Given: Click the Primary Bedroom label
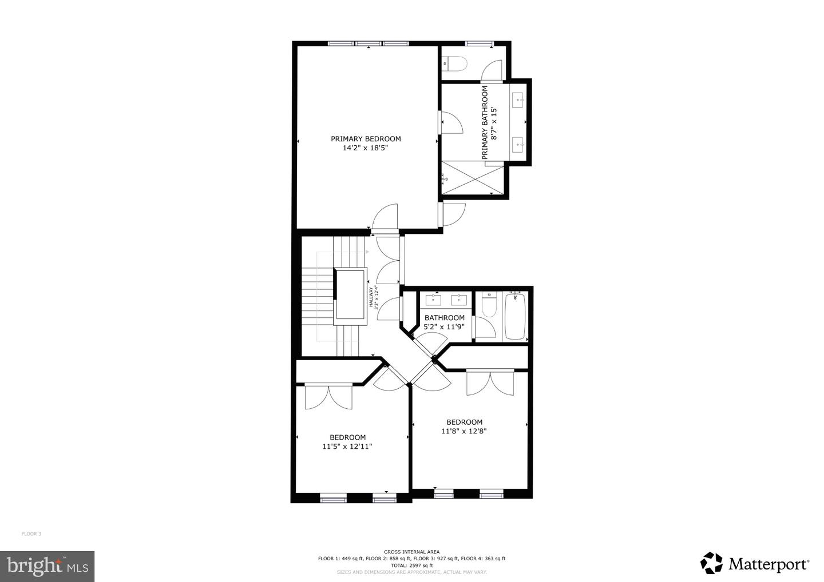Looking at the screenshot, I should [366, 139].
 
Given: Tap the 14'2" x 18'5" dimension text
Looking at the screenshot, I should [366, 148].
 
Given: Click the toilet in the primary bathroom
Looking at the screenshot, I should [455, 63].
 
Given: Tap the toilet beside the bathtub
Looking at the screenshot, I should [489, 306].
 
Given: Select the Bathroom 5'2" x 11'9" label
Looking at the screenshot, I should [444, 322].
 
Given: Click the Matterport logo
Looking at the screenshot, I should [754, 564].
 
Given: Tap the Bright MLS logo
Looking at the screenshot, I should [47, 566].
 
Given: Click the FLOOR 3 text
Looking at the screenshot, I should [31, 534].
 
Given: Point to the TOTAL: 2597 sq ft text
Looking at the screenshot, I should [411, 565].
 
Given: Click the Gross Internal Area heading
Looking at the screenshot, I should [411, 552].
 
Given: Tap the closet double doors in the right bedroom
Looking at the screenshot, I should [490, 382].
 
